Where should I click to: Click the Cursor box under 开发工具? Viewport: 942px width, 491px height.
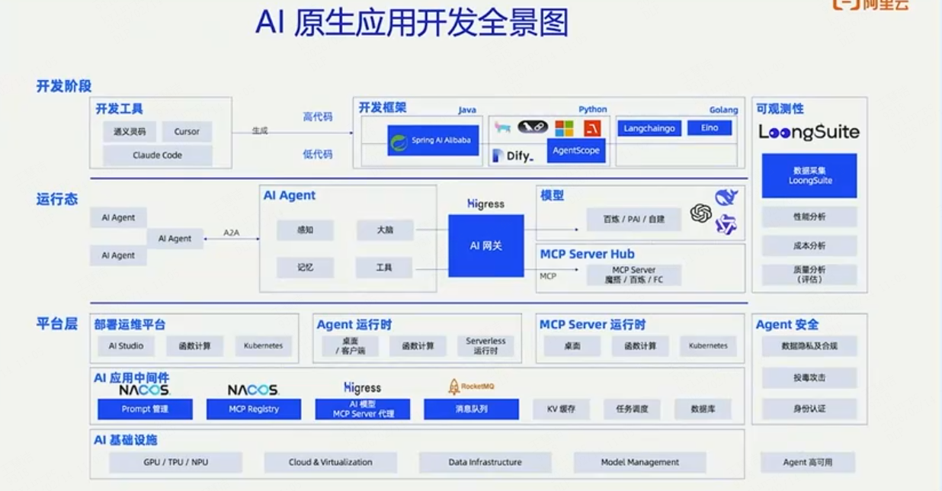pos(187,131)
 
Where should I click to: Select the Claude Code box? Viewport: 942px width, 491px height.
pos(158,156)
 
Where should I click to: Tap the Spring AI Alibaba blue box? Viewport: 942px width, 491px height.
pos(432,141)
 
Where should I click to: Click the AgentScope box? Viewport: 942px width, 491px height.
pos(575,150)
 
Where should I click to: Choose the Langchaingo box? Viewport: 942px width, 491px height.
pos(649,128)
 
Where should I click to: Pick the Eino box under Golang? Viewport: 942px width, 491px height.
pos(710,128)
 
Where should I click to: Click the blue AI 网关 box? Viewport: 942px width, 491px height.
pos(485,245)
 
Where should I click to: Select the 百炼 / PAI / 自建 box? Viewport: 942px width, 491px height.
pos(633,219)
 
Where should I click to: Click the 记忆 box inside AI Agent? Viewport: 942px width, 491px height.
pos(306,268)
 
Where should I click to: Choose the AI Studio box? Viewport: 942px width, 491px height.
pos(126,345)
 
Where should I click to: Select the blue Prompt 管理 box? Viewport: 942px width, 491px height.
pos(145,409)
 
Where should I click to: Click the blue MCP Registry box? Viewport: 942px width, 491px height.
pos(254,409)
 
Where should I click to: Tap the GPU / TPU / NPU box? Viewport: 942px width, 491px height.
pos(175,462)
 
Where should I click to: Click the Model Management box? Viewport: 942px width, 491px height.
pos(639,462)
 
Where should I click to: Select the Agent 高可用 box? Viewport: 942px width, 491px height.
pos(808,462)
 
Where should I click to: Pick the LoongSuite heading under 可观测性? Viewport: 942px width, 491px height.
pos(809,133)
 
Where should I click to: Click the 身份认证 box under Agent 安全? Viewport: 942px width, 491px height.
pos(809,409)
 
